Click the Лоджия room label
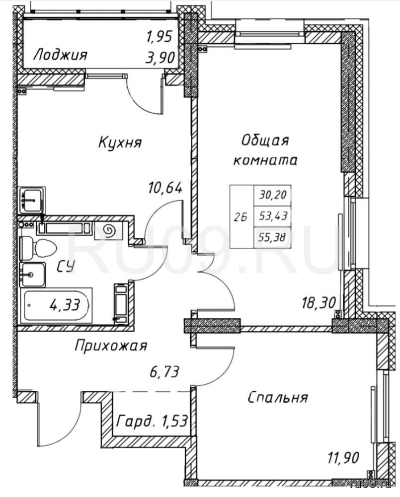point(60,55)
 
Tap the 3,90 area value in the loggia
point(160,58)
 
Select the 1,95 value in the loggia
point(159,37)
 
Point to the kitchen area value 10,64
point(165,188)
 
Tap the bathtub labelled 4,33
point(57,305)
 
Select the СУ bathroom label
point(66,267)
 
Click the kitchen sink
point(31,200)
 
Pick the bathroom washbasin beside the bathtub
point(32,275)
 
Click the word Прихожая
point(111,346)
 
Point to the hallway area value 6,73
point(164,371)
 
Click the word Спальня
point(278,398)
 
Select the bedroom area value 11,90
point(343,458)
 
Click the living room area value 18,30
point(319,303)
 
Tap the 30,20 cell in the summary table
point(273,195)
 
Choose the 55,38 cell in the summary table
point(272,237)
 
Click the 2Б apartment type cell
point(241,217)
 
